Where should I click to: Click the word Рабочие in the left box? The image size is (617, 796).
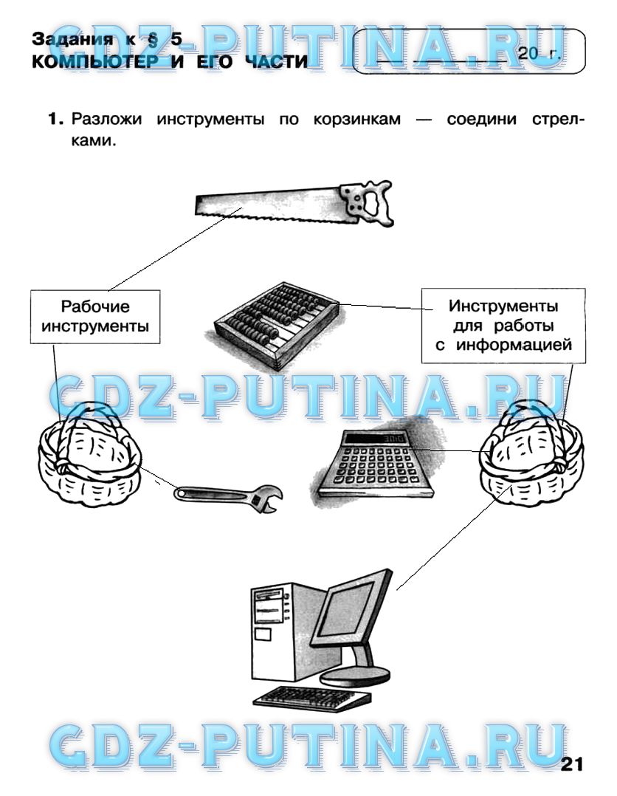point(95,306)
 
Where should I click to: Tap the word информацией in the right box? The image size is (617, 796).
point(514,346)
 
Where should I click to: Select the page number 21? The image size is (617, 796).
point(573,764)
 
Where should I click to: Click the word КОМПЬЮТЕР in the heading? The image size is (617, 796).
point(95,62)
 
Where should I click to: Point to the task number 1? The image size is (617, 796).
point(56,120)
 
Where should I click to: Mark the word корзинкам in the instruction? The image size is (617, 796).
point(356,120)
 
